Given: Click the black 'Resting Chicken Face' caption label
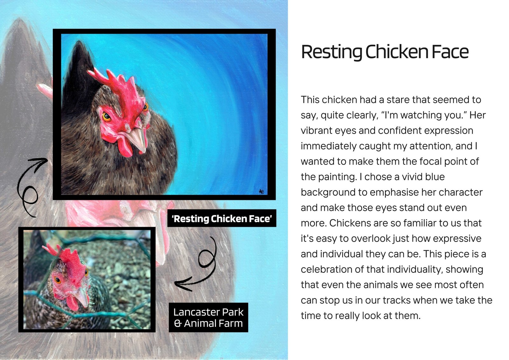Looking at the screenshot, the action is tap(222, 218).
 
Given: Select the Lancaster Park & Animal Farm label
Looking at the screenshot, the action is tap(208, 317).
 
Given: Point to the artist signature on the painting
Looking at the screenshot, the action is tap(261, 192).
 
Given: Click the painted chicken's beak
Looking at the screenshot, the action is tap(137, 139).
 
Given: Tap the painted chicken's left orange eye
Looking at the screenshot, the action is tap(106, 117).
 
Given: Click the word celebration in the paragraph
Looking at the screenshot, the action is tap(326, 269).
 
